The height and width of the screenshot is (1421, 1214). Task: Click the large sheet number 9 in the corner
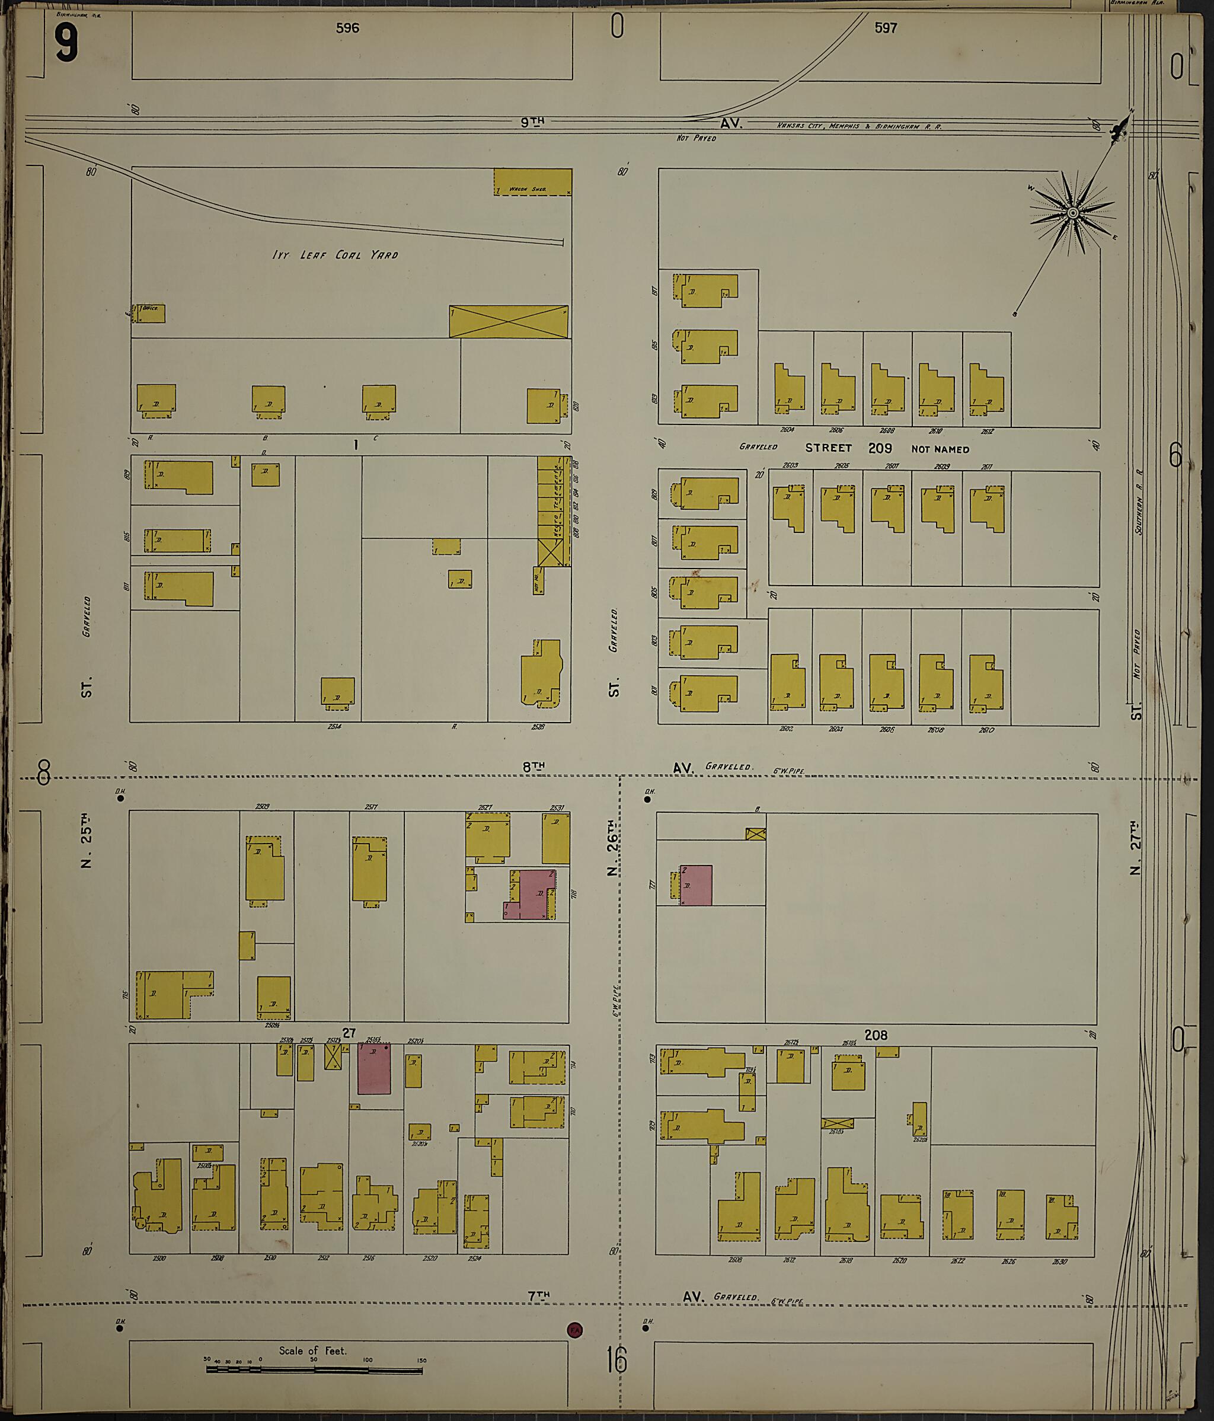[66, 43]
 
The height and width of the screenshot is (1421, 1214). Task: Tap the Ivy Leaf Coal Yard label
[335, 254]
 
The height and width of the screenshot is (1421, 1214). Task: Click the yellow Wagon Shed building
[532, 183]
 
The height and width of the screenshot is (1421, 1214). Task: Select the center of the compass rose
[1072, 214]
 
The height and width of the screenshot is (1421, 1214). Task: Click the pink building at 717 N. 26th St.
[695, 884]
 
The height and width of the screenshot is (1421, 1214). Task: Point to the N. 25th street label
[86, 840]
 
